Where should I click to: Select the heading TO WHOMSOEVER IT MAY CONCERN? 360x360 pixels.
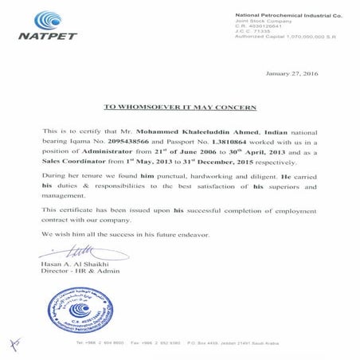[180, 106]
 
